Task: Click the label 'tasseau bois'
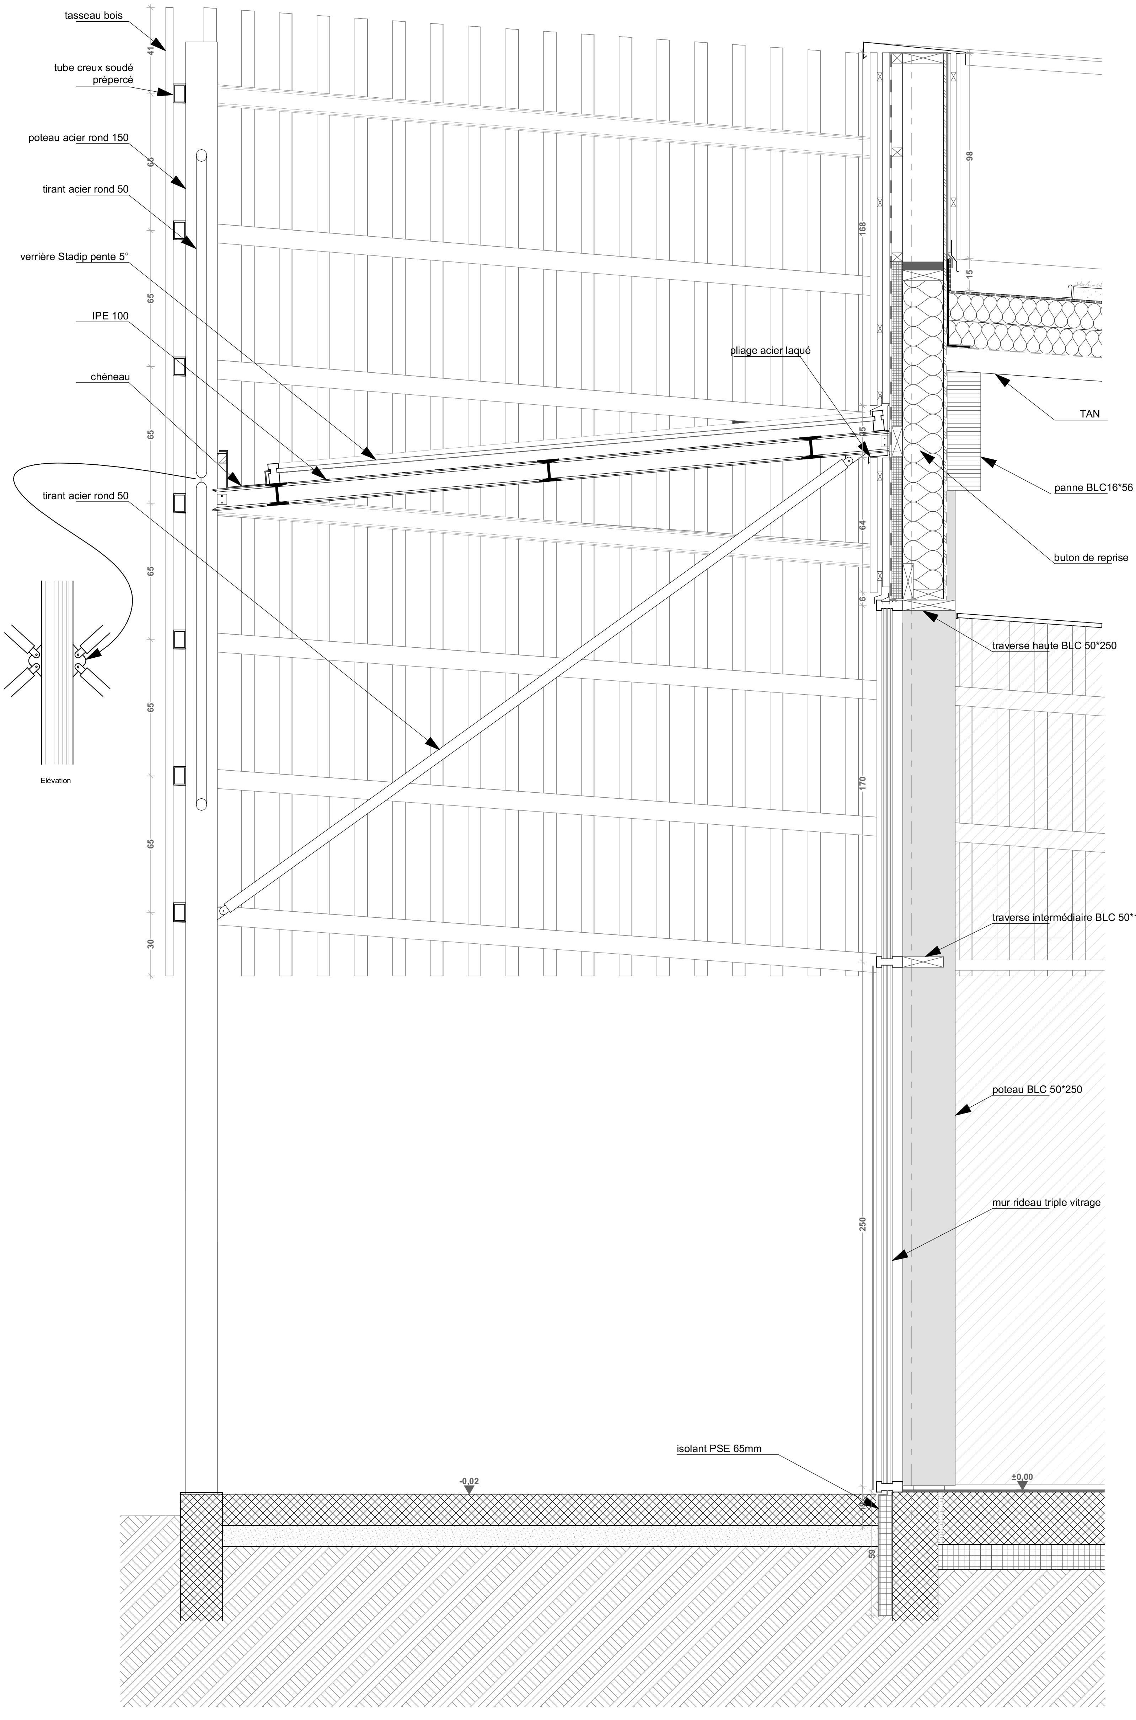click(x=93, y=15)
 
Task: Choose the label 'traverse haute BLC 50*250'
click(x=1054, y=646)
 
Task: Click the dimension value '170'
click(x=862, y=782)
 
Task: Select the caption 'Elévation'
click(x=56, y=781)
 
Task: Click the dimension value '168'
click(x=862, y=227)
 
